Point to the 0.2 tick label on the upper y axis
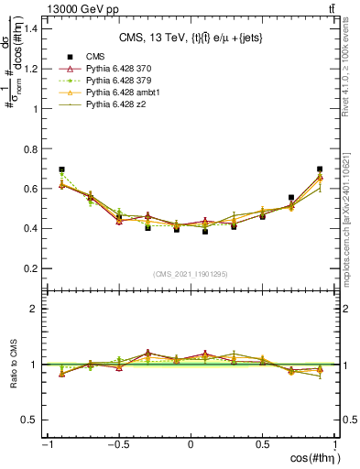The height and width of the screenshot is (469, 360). (29, 268)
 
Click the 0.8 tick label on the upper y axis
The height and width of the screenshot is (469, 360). (29, 148)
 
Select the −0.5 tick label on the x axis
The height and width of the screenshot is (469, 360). (118, 445)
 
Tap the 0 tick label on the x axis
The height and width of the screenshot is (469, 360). (191, 445)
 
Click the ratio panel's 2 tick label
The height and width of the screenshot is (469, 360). (35, 309)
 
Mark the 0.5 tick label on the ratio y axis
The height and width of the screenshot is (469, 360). (29, 420)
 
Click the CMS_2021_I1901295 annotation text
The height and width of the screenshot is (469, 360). (191, 274)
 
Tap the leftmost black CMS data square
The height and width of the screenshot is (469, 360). (61, 169)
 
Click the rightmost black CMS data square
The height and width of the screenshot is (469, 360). (320, 169)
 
